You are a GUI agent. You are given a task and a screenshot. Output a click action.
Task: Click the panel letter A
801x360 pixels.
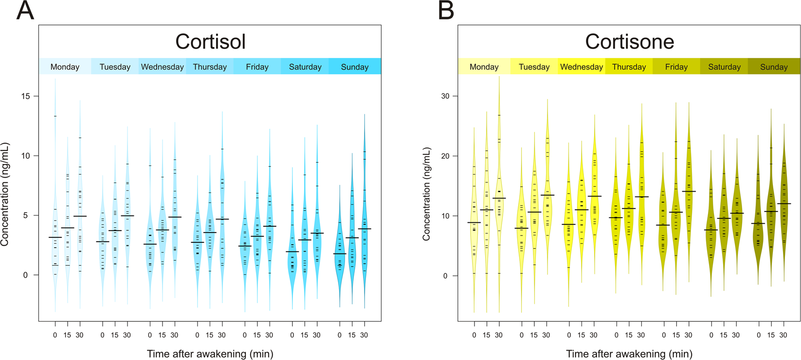(x=25, y=11)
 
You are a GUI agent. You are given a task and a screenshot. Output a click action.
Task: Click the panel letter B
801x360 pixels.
(x=446, y=11)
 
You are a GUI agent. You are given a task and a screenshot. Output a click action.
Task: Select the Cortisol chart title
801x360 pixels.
(x=210, y=42)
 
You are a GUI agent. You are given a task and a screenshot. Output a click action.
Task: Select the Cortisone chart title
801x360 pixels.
(x=629, y=42)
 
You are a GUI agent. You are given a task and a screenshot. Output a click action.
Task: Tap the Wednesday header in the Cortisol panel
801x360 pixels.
(x=162, y=67)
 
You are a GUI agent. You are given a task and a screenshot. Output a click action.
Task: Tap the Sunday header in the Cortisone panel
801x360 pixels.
(x=773, y=67)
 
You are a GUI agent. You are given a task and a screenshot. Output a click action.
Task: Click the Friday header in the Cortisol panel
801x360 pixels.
(x=257, y=67)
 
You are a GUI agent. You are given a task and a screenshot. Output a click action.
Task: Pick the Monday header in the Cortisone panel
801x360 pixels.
(x=484, y=67)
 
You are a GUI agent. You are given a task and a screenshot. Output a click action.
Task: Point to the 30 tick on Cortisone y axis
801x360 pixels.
(x=445, y=96)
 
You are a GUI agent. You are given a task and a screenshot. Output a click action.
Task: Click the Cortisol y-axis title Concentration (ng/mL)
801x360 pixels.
(x=5, y=194)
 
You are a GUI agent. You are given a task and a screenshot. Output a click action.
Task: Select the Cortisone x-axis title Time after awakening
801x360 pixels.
(x=629, y=354)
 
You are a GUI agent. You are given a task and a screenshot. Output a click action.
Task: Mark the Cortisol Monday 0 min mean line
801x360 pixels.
(x=55, y=237)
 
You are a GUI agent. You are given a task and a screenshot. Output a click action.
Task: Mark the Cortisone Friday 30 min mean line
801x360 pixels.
(x=688, y=191)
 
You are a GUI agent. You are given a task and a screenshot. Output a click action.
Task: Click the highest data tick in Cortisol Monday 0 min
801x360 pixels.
(x=55, y=116)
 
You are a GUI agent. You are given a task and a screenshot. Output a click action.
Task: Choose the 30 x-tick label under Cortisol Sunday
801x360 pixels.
(x=364, y=335)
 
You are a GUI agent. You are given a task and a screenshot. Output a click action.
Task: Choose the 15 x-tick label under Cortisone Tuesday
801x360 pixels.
(x=534, y=335)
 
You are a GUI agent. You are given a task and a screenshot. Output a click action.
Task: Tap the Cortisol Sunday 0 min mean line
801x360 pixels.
(x=340, y=254)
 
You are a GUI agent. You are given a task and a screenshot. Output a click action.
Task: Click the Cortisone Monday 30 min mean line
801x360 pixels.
(x=499, y=198)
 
